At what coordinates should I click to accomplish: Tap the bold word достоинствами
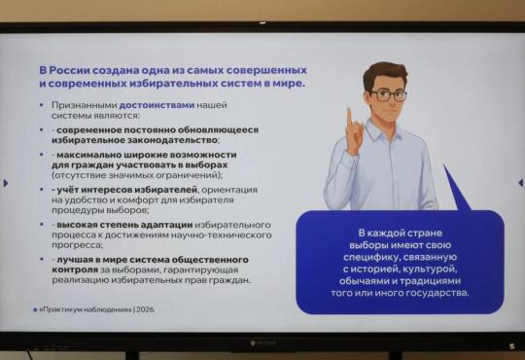(157, 105)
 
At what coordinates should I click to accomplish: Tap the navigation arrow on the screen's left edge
(6, 183)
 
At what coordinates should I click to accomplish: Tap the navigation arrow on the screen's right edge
(520, 183)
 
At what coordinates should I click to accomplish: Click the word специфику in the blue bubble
(370, 258)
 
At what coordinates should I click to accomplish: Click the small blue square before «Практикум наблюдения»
(35, 310)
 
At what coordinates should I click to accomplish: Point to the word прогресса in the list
(77, 245)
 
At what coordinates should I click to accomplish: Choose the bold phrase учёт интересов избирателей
(126, 190)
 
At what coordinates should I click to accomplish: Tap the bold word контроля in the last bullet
(75, 270)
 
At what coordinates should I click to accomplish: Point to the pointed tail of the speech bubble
(444, 165)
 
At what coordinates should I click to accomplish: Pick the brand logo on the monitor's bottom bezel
(262, 343)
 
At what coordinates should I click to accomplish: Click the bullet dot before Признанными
(42, 105)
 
